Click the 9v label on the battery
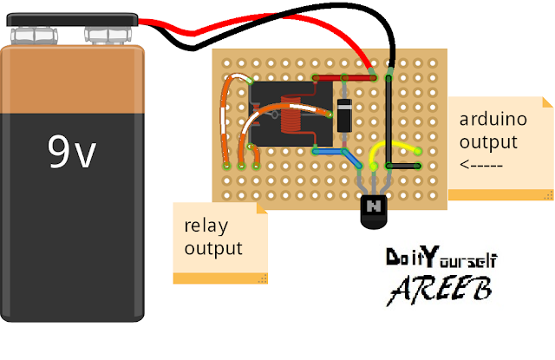click(x=71, y=153)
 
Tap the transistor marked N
click(x=372, y=208)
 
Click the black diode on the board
click(x=344, y=110)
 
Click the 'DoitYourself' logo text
click(x=441, y=259)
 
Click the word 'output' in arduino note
click(x=488, y=142)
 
